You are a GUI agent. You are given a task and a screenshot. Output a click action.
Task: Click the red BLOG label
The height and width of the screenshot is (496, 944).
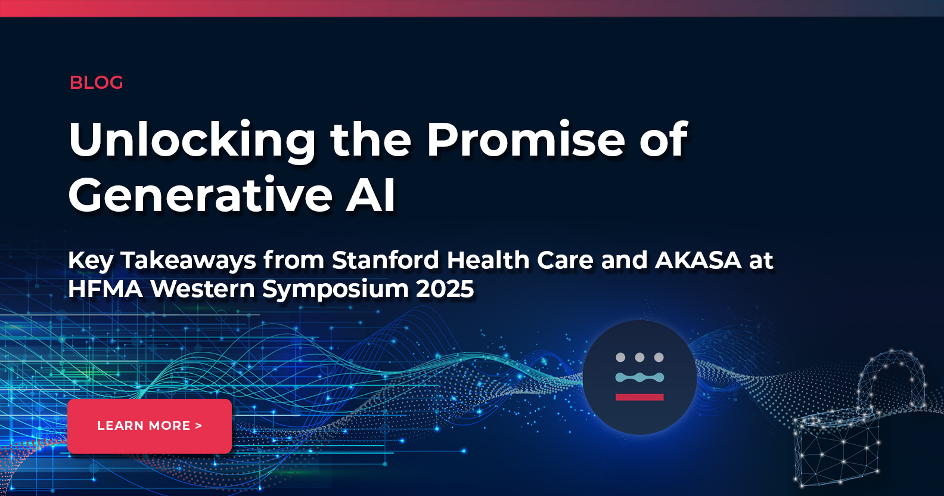pos(97,82)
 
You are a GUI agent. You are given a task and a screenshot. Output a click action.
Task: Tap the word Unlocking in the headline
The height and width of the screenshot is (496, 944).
pos(192,141)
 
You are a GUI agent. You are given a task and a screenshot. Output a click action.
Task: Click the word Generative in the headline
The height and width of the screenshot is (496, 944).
pos(200,196)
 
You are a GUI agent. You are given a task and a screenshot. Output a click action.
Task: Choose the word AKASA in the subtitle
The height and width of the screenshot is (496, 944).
pos(698,261)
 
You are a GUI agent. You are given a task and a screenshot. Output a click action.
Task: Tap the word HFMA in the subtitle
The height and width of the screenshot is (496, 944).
pos(105,289)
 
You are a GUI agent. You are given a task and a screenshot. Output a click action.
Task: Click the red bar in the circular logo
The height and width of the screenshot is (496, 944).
pos(639,397)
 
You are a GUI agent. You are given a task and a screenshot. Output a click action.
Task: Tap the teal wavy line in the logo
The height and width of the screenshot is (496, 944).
pos(639,377)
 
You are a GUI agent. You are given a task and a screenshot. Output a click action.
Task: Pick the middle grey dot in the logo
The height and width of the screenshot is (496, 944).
pos(639,357)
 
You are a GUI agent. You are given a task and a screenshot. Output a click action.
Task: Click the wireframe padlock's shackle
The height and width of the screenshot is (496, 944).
pos(892,376)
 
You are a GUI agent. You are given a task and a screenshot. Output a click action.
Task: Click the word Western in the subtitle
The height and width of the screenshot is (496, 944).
pos(203,289)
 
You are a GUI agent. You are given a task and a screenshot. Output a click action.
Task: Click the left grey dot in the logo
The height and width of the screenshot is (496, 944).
pos(620,357)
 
